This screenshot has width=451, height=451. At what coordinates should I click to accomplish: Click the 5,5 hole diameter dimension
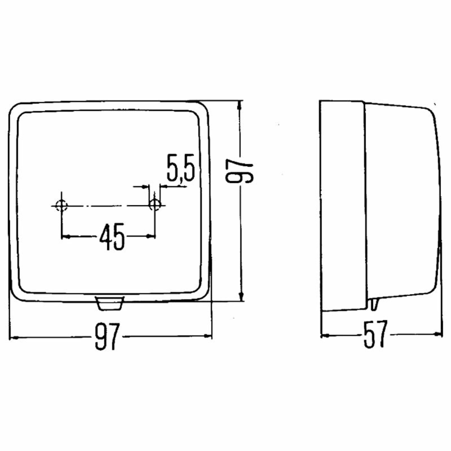pyautogui.click(x=181, y=168)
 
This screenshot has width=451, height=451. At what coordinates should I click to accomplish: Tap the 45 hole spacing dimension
pyautogui.click(x=112, y=237)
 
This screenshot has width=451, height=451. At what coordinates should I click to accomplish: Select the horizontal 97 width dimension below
pyautogui.click(x=107, y=336)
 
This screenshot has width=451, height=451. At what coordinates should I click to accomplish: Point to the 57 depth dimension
pyautogui.click(x=376, y=335)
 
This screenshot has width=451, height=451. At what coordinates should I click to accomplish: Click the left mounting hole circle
pyautogui.click(x=61, y=206)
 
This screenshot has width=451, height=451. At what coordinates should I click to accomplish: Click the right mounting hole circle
pyautogui.click(x=155, y=205)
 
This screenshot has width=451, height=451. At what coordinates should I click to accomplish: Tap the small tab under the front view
pyautogui.click(x=110, y=303)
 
